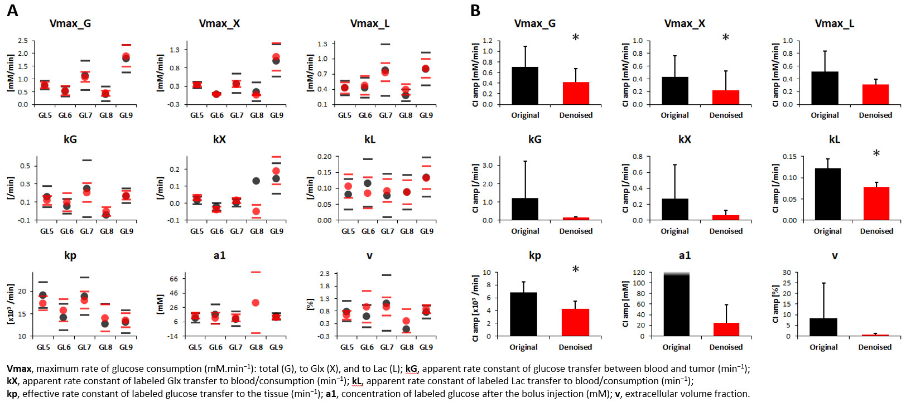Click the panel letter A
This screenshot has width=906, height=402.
click(x=12, y=11)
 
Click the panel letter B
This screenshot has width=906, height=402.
click(x=475, y=11)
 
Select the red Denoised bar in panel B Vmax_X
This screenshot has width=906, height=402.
click(x=726, y=97)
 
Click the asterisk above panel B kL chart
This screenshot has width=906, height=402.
click(x=876, y=154)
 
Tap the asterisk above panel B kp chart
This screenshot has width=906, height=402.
click(x=575, y=270)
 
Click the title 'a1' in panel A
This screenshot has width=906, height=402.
click(x=219, y=255)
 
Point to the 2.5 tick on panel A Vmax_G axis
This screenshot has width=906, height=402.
click(x=23, y=41)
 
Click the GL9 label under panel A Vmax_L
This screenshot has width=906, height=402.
click(x=426, y=115)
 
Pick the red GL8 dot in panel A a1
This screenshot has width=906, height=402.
click(x=256, y=303)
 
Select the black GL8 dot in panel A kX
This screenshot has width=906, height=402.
click(x=256, y=181)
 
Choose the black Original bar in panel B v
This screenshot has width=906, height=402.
click(x=823, y=327)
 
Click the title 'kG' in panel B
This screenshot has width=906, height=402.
click(x=534, y=139)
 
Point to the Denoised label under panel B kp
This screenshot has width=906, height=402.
click(x=575, y=347)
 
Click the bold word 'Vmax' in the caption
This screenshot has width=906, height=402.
click(x=19, y=369)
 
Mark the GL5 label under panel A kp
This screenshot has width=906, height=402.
click(x=44, y=347)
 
